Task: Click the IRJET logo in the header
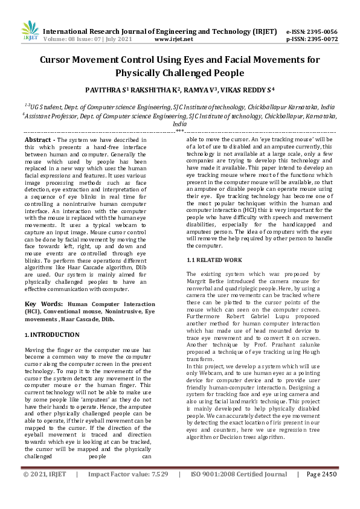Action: coord(30,31)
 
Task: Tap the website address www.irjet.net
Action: coord(173,39)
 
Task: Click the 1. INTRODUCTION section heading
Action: coord(52,335)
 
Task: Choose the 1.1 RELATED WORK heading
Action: coord(214,260)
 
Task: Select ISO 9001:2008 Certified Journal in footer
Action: coord(239,491)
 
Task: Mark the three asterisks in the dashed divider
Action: coord(179,131)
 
